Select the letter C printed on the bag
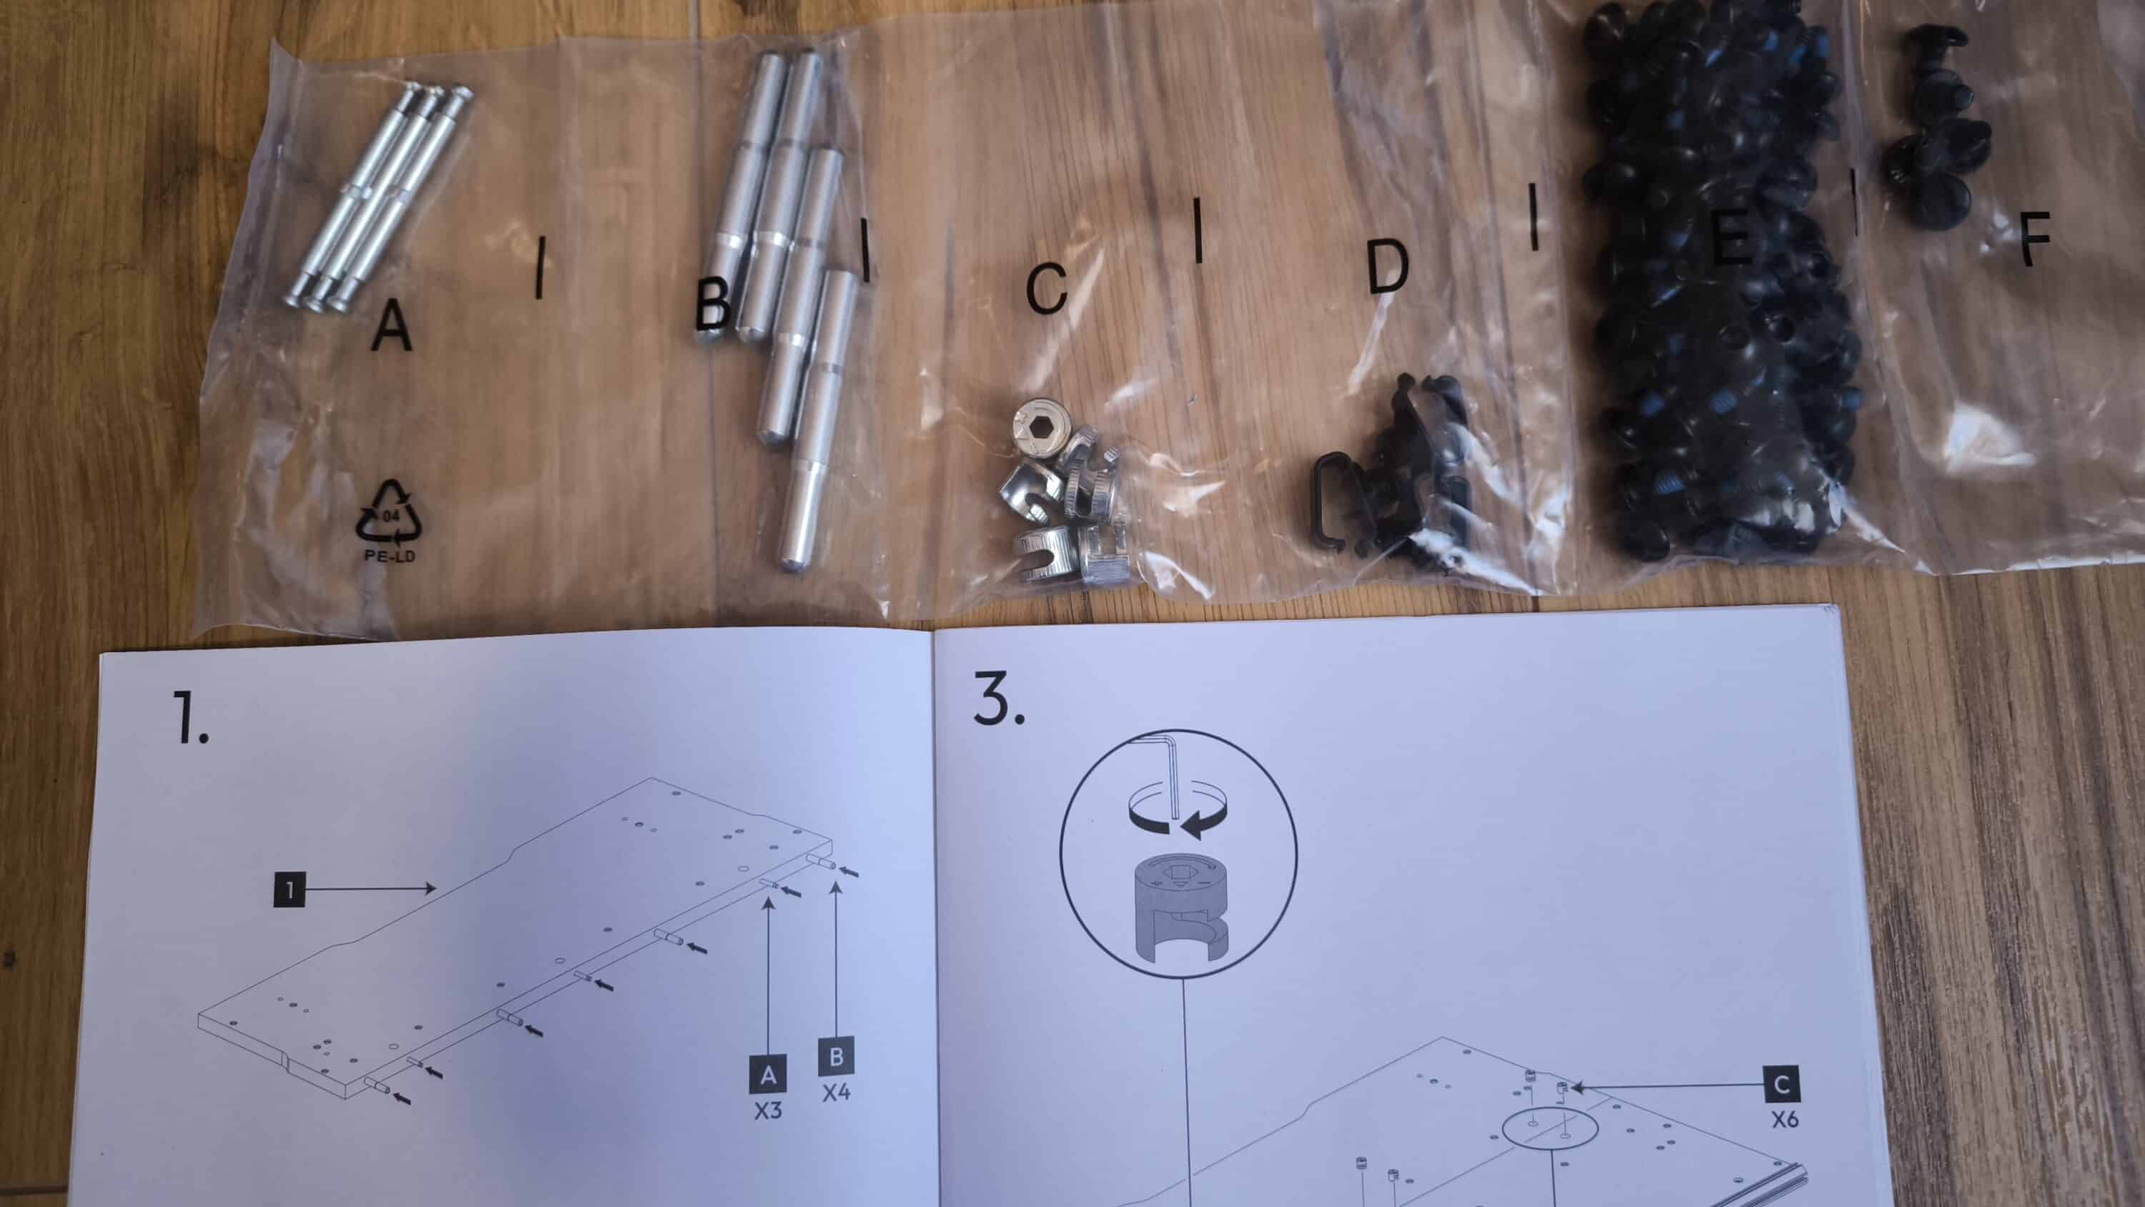click(x=1046, y=288)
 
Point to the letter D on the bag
click(x=1388, y=267)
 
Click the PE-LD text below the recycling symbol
click(x=389, y=556)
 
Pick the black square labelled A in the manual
click(x=768, y=1075)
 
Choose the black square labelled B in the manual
click(x=836, y=1057)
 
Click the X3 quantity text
click(x=768, y=1111)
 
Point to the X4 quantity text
click(x=836, y=1093)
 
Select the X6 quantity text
click(x=1785, y=1120)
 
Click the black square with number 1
click(x=289, y=890)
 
